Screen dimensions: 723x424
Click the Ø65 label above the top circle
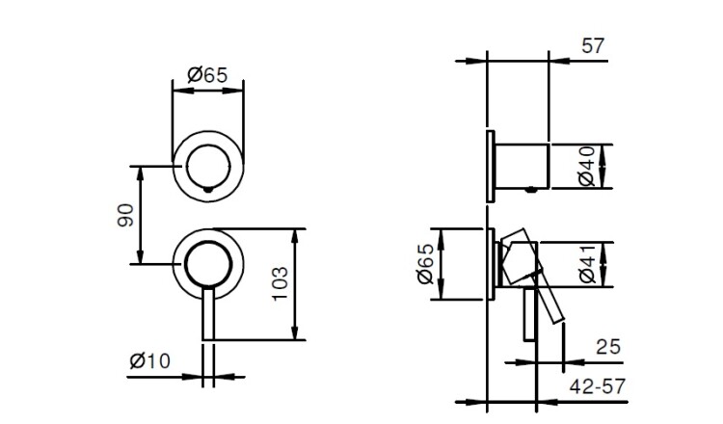(208, 74)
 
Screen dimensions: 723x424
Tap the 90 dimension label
(125, 215)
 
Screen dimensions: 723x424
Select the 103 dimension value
(280, 284)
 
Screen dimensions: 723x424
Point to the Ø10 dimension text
(149, 360)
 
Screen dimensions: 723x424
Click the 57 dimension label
(593, 46)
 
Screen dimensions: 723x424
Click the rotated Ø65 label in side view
(425, 264)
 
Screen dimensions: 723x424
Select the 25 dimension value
(608, 347)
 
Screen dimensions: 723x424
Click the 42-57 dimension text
(598, 386)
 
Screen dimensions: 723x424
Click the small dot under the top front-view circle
(208, 189)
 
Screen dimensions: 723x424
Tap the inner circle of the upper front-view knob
(208, 145)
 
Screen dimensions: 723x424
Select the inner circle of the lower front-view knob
(208, 242)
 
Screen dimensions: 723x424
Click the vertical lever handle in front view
(208, 314)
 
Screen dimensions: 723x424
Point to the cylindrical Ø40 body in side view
(522, 167)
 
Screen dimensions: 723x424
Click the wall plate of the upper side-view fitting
(491, 167)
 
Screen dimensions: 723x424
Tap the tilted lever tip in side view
(557, 318)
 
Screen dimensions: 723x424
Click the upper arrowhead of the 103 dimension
(296, 235)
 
